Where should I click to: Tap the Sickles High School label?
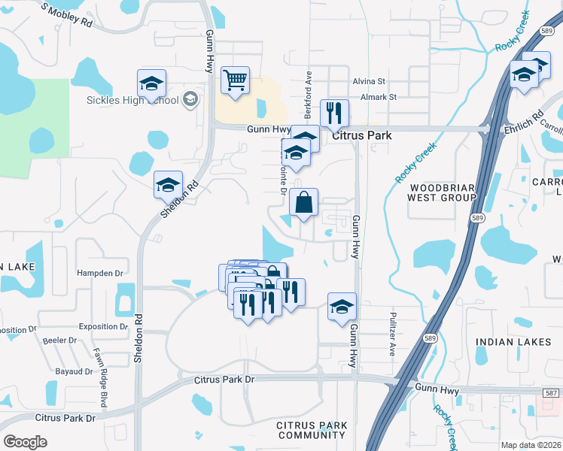click(132, 100)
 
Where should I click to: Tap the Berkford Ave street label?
click(308, 96)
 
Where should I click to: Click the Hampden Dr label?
click(99, 274)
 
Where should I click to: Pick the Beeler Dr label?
click(59, 341)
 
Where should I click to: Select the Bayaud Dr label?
click(73, 371)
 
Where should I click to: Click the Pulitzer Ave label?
click(392, 334)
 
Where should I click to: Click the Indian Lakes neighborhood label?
click(513, 342)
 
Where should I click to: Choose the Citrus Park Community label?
click(311, 430)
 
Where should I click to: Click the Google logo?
click(25, 442)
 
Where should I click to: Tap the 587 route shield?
click(552, 392)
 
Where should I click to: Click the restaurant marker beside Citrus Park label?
click(334, 114)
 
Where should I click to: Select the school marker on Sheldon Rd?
click(168, 185)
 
